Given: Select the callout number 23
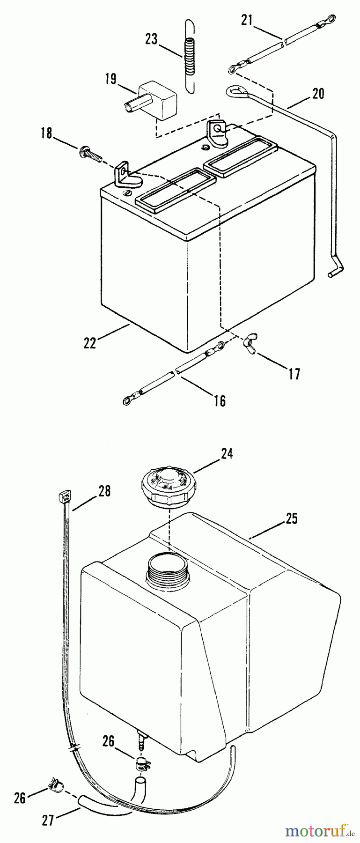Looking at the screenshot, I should [151, 39].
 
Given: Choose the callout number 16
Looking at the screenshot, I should [220, 400].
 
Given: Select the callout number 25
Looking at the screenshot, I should [291, 519].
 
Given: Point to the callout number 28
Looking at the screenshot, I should [104, 491].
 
